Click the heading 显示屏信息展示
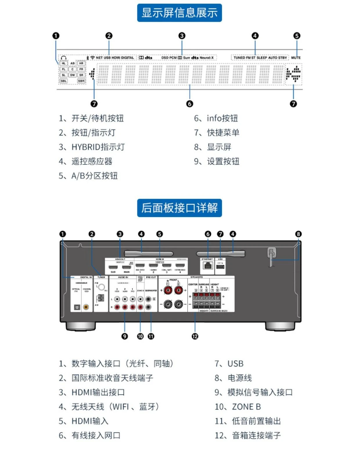click(x=179, y=13)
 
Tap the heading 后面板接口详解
click(x=179, y=208)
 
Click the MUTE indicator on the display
click(x=296, y=58)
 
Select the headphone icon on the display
click(x=64, y=58)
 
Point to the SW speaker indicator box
click(x=72, y=75)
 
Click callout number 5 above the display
click(x=296, y=36)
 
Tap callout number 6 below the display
click(x=190, y=104)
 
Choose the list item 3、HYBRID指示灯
click(x=92, y=147)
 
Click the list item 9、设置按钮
click(x=217, y=161)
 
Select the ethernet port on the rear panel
click(x=208, y=266)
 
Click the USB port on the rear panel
click(x=220, y=267)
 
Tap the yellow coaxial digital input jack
click(x=86, y=307)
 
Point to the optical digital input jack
click(x=77, y=307)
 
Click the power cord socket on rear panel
click(x=272, y=252)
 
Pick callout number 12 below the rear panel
click(x=195, y=336)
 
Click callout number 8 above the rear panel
click(x=298, y=234)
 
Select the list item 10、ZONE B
click(x=237, y=407)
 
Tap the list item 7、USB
click(x=229, y=364)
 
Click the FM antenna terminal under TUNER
click(x=101, y=287)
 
